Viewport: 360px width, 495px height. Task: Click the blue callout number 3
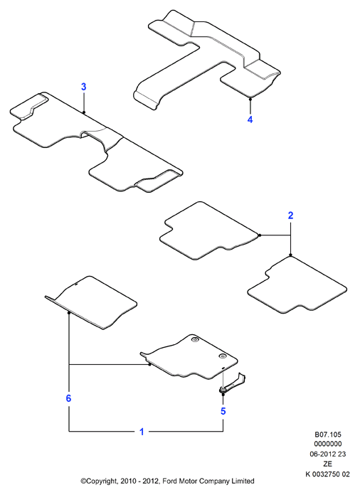point(84,87)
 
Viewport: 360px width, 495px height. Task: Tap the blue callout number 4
point(250,119)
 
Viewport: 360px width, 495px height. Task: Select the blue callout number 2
point(290,215)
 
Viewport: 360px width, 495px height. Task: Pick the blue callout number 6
point(68,398)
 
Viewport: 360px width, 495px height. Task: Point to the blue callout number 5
point(223,411)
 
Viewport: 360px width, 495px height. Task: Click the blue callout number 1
point(142,432)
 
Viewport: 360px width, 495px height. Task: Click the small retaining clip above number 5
point(233,383)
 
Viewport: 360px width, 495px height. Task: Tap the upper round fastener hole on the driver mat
point(194,340)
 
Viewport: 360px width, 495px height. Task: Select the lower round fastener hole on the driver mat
point(222,356)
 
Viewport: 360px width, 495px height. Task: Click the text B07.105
point(328,435)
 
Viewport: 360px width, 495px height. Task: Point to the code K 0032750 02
point(327,474)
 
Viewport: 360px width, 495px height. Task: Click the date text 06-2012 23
point(328,454)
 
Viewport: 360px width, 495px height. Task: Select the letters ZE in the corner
point(327,464)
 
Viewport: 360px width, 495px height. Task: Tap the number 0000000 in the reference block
point(328,444)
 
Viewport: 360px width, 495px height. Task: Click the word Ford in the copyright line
point(170,481)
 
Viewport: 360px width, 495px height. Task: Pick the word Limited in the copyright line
point(243,481)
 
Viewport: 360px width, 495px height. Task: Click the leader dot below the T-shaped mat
point(250,99)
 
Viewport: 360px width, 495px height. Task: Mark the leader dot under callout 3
point(84,112)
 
